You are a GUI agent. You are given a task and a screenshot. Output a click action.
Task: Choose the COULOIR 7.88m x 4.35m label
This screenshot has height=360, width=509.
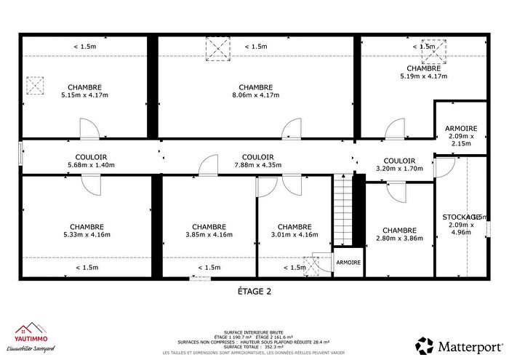pos(257,161)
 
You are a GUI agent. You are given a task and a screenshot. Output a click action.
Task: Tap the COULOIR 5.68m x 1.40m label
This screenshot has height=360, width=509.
pos(91,161)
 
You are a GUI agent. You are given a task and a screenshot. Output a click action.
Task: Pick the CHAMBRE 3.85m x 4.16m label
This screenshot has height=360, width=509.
pos(209,230)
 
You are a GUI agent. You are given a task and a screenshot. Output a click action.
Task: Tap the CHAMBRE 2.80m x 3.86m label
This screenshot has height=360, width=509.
pos(398,233)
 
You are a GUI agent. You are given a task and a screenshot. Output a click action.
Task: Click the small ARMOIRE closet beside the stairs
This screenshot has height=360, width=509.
pos(347,263)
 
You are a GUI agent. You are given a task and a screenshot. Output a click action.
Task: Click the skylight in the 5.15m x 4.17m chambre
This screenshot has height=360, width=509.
pos(34,86)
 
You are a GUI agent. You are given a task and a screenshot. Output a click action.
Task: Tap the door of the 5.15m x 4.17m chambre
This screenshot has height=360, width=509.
pos(89,131)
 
